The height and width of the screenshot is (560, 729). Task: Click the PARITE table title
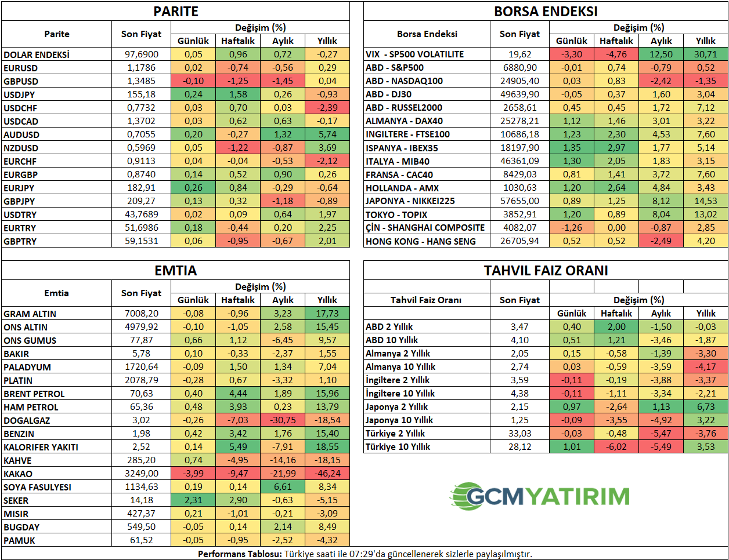coord(175,12)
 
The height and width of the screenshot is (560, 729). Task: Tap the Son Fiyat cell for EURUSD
coord(141,68)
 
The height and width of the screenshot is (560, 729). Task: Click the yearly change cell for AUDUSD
coord(327,134)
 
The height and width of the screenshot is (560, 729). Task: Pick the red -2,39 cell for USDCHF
coord(327,108)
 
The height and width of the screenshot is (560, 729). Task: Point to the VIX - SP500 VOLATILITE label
coord(414,54)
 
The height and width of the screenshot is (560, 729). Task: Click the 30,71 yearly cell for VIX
coord(705,54)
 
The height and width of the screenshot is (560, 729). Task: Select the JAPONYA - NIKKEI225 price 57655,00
coord(519,201)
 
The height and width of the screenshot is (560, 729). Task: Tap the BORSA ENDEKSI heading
coord(546,12)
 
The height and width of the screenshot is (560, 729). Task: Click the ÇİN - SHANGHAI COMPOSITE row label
coord(425,228)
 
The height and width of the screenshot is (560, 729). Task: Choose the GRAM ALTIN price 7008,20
coord(141,314)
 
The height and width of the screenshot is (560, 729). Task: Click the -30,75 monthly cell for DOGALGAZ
coord(283,420)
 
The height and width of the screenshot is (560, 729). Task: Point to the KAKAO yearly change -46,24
coord(327,474)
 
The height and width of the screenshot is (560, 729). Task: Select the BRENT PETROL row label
coord(34,394)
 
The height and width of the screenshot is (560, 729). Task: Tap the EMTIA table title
coord(175,271)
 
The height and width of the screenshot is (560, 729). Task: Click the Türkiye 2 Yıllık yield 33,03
coord(519,434)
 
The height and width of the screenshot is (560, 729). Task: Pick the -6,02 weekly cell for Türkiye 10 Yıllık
coord(616,447)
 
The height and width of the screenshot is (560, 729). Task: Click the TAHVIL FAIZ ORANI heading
coord(546,271)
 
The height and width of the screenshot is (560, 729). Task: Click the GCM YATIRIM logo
coord(540,496)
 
